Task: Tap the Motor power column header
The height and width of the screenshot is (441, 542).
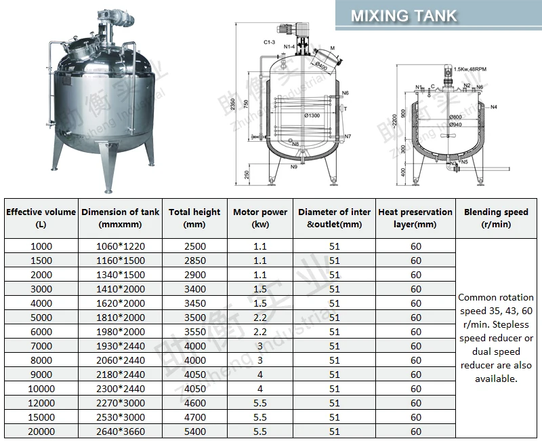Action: (x=261, y=218)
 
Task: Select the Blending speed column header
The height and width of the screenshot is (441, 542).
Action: (x=496, y=218)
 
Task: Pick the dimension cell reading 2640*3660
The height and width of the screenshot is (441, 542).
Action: (x=121, y=432)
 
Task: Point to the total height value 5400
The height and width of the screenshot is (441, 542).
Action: (x=194, y=432)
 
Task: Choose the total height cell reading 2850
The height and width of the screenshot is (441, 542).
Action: (x=194, y=260)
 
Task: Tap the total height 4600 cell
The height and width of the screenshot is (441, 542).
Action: (x=194, y=403)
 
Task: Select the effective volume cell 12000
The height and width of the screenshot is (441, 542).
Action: (x=41, y=403)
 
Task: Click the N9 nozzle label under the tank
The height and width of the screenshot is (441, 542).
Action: (x=294, y=166)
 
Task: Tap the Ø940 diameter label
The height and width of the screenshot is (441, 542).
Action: (x=455, y=125)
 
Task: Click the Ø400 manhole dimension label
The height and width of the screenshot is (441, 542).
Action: (x=320, y=66)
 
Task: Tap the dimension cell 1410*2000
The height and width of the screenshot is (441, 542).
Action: (x=121, y=289)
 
